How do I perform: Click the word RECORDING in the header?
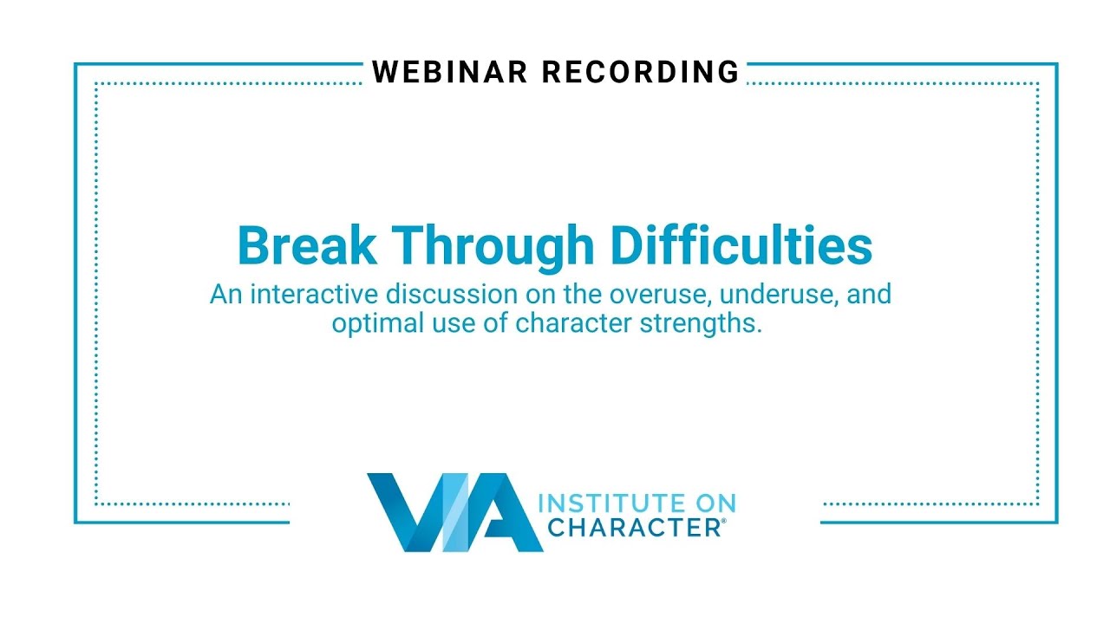pyautogui.click(x=641, y=72)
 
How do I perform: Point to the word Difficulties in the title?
pyautogui.click(x=741, y=246)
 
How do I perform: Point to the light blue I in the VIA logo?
pyautogui.click(x=452, y=513)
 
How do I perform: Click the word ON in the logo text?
pyautogui.click(x=714, y=504)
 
